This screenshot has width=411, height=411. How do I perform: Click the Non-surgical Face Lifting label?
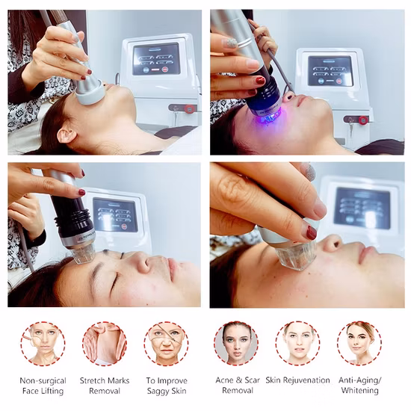coord(43,385)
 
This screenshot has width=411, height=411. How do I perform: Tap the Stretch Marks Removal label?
coord(105,385)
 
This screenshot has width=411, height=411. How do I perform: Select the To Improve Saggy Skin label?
coord(167,385)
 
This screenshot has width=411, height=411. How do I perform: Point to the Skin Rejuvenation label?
coord(297,380)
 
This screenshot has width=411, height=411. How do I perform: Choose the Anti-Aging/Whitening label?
coord(359,385)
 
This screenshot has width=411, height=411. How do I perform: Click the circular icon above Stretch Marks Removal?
coord(105,343)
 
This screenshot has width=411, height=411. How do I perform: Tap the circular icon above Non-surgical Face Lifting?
coord(43,343)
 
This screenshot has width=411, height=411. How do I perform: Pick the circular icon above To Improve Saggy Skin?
coord(167,343)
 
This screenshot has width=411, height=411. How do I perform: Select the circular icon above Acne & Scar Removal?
coord(236,343)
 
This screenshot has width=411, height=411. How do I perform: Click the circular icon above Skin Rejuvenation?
coord(297,343)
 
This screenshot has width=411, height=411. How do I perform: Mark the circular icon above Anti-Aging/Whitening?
coord(359,343)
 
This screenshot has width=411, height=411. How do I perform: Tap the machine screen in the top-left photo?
coord(156,58)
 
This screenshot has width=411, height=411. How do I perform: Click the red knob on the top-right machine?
coord(363,120)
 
